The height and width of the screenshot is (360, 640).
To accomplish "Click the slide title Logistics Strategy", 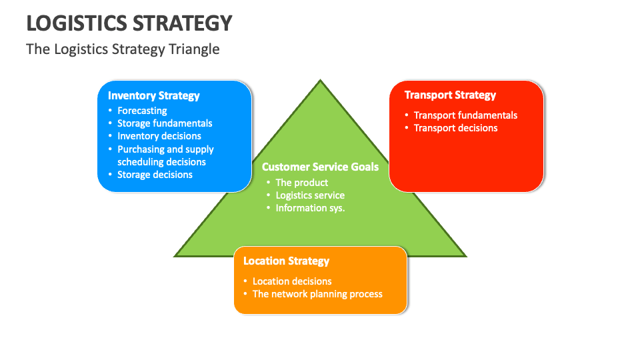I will (x=129, y=23).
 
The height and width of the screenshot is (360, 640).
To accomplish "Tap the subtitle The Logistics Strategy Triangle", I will (x=123, y=49).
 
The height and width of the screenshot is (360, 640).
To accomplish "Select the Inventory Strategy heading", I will (x=154, y=95).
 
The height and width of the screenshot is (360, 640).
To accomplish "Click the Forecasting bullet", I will (x=142, y=111).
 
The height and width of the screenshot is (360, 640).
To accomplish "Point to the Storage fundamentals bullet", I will (x=165, y=123).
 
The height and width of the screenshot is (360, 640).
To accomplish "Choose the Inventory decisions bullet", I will (x=159, y=136).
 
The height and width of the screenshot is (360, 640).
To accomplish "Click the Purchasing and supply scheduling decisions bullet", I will (x=165, y=155).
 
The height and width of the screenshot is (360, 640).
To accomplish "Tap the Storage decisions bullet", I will (x=155, y=175).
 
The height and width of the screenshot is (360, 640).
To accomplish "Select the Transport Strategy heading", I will (x=450, y=95).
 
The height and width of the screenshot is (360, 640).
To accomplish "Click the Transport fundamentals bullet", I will (x=465, y=115).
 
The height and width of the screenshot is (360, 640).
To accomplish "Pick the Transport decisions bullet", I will (x=455, y=128).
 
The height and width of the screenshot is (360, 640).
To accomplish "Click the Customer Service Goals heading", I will (x=320, y=167).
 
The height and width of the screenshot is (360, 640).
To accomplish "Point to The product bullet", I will (x=302, y=183).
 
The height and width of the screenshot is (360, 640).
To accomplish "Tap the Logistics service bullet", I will (x=310, y=195).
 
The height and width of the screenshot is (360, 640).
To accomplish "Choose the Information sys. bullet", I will (x=310, y=208).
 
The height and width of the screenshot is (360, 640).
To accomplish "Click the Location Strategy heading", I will (x=286, y=261).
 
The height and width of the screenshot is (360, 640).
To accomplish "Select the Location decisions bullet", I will (x=292, y=281).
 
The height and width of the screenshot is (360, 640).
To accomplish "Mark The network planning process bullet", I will (x=317, y=294).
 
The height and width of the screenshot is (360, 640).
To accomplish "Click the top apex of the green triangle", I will (x=320, y=81).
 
